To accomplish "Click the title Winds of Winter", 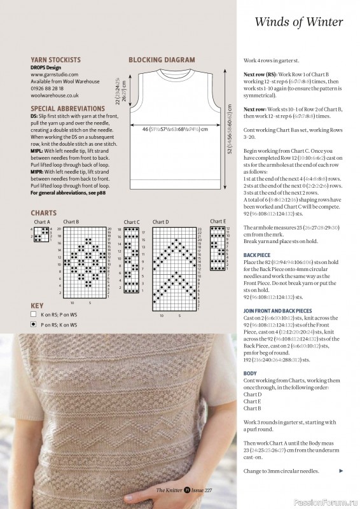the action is coord(298,22).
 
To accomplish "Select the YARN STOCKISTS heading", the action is coord(55,60).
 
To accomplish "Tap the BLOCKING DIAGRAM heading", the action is coord(162,60).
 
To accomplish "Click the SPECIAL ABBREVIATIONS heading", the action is coord(67,109).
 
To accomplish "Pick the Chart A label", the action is coord(42,222).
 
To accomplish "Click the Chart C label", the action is coord(132,222).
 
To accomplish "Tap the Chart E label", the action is coord(217,221).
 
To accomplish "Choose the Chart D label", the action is coord(162,222).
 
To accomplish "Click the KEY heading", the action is coord(37,305).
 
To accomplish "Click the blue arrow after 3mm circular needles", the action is coord(342,471).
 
